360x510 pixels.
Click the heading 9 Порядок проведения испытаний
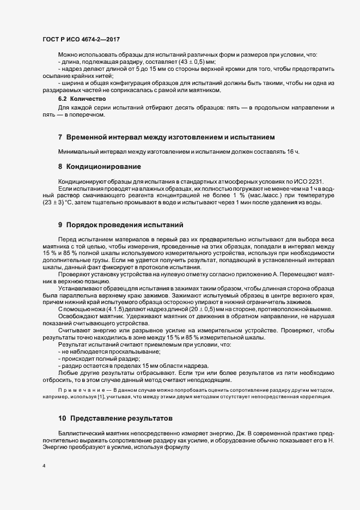coord(121,224)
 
